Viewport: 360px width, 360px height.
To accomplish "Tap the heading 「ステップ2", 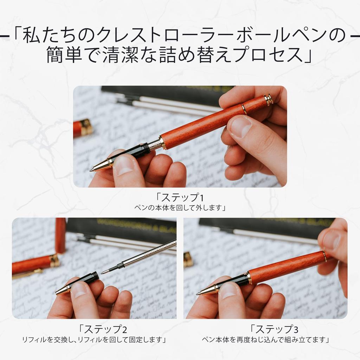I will click(x=103, y=330).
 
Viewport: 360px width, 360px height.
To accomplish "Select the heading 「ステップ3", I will click(x=274, y=330).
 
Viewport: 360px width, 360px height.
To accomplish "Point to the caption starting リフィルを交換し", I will click(x=94, y=340).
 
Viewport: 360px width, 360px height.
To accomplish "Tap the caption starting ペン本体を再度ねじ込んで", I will click(x=265, y=340).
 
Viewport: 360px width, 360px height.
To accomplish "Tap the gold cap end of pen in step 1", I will click(x=269, y=100).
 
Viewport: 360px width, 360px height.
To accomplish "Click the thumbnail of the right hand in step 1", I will click(x=240, y=127).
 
